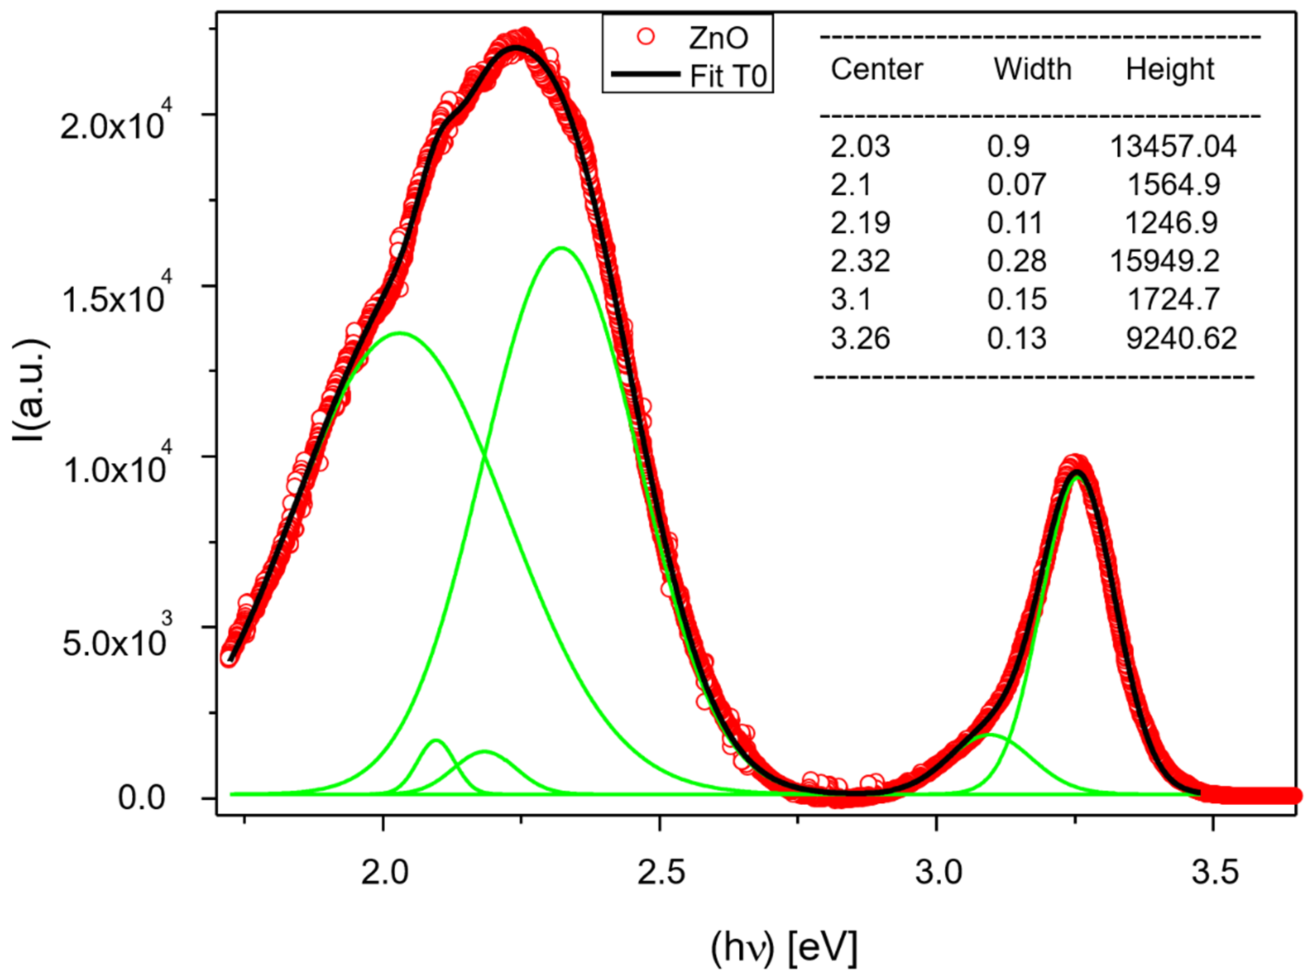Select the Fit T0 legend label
(728, 76)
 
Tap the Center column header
(876, 70)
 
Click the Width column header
(1032, 70)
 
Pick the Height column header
(1170, 70)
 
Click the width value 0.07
(1016, 184)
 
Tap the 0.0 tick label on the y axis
(141, 798)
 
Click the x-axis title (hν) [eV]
(784, 948)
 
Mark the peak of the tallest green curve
(561, 248)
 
